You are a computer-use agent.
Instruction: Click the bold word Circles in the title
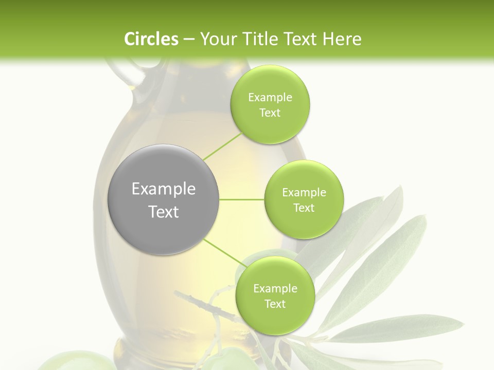tap(151, 39)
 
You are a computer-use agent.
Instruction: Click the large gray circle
tap(163, 199)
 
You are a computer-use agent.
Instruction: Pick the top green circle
tap(270, 105)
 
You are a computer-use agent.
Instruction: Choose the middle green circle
tap(304, 199)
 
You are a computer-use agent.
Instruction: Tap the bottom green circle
tap(275, 296)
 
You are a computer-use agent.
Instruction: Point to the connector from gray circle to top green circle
tap(223, 146)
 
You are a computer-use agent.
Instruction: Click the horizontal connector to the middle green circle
tap(242, 199)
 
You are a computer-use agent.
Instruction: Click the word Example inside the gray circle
tap(163, 189)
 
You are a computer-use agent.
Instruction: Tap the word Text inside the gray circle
tap(163, 211)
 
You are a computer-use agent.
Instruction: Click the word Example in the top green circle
tap(270, 98)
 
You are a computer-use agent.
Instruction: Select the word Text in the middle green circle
tap(304, 208)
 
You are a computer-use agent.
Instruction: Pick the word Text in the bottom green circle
tap(275, 304)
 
